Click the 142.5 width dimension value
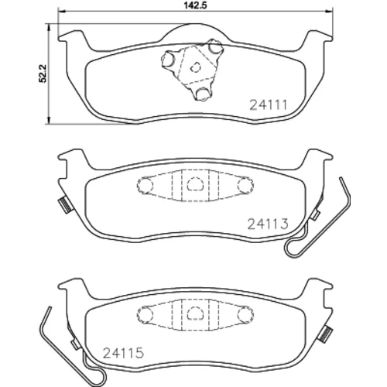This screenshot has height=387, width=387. point(196,5)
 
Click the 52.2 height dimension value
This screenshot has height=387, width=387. point(43,74)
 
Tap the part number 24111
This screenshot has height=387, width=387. point(269,105)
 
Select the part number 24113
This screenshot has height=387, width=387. point(268,224)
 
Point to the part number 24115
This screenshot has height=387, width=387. point(123,353)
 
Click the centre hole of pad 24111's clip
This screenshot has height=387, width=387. point(195,67)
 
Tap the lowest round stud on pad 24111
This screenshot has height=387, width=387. point(202,94)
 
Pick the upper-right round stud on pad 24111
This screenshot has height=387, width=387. point(214,46)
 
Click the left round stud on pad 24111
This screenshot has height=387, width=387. point(168,59)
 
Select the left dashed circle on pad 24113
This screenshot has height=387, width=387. point(145,185)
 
